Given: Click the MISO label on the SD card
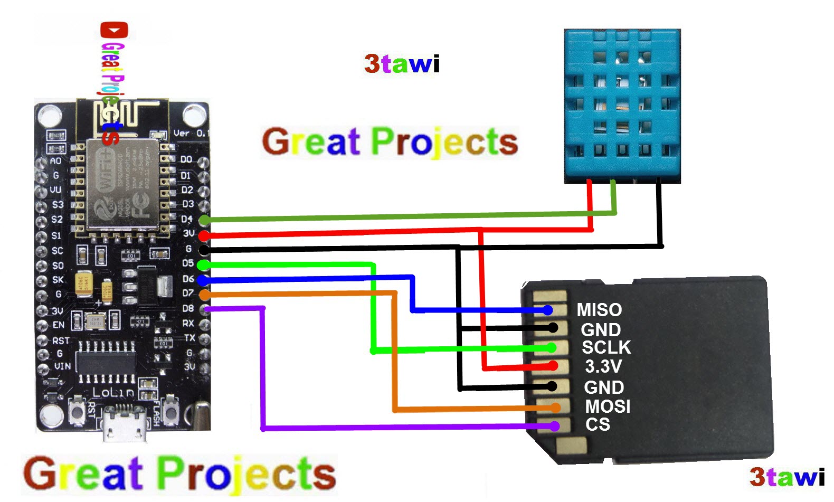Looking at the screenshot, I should click(x=599, y=309).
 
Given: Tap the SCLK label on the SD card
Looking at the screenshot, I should click(x=606, y=347).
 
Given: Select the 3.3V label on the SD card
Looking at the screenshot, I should click(x=603, y=366).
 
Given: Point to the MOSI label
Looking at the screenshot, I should click(x=607, y=406).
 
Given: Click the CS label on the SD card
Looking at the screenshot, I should click(x=597, y=424).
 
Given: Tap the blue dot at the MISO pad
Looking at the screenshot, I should click(x=548, y=310).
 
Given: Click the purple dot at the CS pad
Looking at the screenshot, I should click(x=554, y=426).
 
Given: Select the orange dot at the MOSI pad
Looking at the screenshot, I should click(x=555, y=408).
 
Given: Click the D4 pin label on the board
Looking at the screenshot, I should click(x=187, y=219).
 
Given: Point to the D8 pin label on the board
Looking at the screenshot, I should click(x=188, y=308).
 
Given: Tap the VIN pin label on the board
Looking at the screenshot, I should click(x=62, y=366).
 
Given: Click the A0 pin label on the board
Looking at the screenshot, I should click(x=55, y=160).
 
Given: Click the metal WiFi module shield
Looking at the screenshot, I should click(x=122, y=184).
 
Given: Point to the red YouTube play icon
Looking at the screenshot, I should click(x=114, y=30).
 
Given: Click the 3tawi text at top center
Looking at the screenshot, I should click(x=402, y=64).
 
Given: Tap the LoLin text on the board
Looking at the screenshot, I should click(x=113, y=392).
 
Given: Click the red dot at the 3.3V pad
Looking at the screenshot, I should click(x=553, y=365).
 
